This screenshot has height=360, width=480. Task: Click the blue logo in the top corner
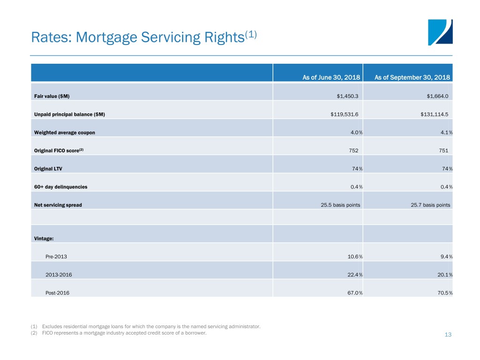(x=440, y=32)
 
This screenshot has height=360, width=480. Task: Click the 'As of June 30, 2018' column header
(x=331, y=77)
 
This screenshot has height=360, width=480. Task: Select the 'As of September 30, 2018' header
(x=412, y=77)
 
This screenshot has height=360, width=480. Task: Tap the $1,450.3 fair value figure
(x=347, y=96)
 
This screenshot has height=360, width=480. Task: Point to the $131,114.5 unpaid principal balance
(x=435, y=114)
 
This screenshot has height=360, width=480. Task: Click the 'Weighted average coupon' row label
(x=65, y=133)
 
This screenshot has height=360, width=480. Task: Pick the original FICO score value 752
(x=353, y=150)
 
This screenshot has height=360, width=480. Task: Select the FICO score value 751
(x=443, y=150)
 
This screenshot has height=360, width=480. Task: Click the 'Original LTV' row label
(x=48, y=169)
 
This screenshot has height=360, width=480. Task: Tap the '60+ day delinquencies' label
(x=60, y=187)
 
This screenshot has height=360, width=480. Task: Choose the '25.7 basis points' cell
(x=430, y=205)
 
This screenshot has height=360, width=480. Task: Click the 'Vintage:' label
(x=44, y=239)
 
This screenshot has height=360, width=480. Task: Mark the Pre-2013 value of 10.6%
(x=355, y=256)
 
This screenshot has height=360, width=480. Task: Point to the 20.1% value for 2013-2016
(x=445, y=275)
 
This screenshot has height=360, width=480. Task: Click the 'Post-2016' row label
(x=57, y=293)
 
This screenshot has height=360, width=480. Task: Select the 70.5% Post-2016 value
(x=445, y=293)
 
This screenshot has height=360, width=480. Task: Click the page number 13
(x=448, y=335)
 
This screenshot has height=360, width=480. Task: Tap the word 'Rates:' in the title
(x=52, y=37)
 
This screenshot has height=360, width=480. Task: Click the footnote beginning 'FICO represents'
(x=124, y=333)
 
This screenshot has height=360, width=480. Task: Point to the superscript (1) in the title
(x=251, y=35)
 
